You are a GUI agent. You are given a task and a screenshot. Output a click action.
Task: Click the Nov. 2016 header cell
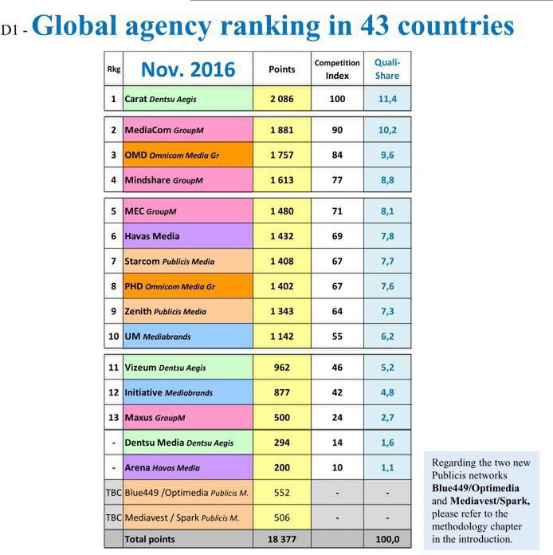188,69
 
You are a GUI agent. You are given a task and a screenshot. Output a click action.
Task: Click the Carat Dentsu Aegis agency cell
187,100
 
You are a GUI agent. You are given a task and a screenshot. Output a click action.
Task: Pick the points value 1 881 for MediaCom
281,130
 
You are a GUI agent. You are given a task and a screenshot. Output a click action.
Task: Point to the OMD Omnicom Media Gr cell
187,155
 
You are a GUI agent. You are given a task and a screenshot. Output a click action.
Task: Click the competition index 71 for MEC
337,211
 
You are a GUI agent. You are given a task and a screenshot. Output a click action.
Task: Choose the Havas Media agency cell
187,236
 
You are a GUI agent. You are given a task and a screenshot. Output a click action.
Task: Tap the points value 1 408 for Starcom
281,261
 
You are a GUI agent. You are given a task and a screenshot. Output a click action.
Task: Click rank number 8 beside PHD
114,286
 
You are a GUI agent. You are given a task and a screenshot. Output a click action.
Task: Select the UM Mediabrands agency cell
187,337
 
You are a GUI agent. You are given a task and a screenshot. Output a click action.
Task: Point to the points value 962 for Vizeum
281,368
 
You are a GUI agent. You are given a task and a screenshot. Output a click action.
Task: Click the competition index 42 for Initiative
337,392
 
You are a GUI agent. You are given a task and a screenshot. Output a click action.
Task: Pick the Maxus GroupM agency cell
187,418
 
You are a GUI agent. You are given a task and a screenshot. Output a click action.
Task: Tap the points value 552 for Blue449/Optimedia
281,493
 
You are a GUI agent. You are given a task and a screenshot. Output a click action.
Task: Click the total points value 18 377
281,540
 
